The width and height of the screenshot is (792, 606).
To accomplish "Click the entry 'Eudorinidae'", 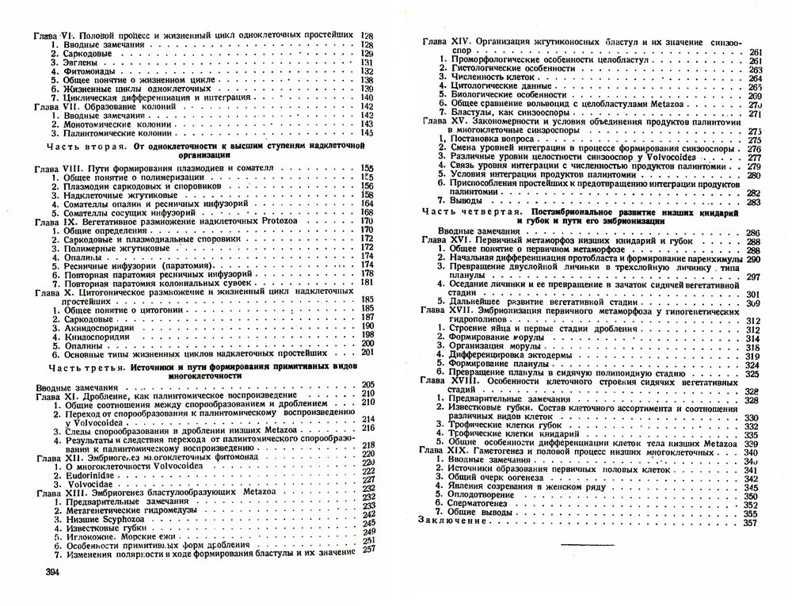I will coord(92,471).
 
